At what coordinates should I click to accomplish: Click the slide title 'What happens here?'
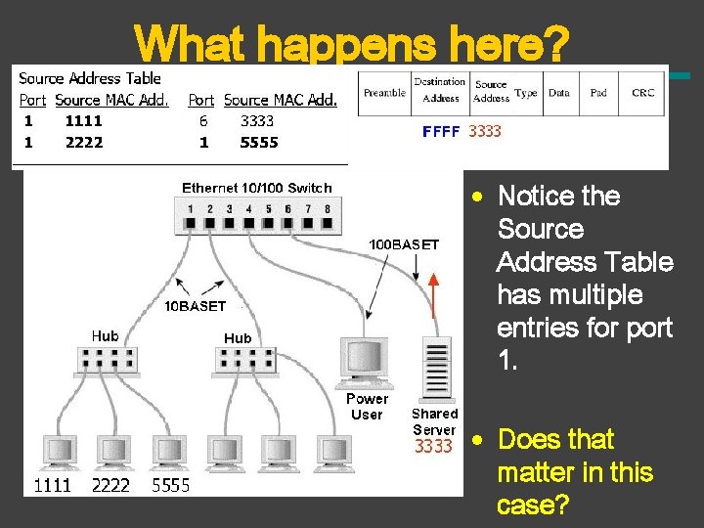(x=351, y=44)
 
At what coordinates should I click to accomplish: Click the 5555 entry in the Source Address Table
(x=259, y=143)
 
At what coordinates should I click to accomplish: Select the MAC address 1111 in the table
(x=83, y=122)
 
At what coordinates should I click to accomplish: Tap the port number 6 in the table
(x=203, y=122)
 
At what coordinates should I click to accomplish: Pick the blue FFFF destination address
(x=440, y=131)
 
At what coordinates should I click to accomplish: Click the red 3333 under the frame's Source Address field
(x=485, y=131)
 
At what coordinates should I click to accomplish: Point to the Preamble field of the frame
(x=384, y=93)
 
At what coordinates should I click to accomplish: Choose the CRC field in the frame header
(x=642, y=93)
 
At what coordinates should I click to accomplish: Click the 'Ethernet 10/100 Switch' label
(x=257, y=188)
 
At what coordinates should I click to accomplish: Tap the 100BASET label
(x=403, y=244)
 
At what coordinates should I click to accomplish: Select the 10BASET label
(x=194, y=306)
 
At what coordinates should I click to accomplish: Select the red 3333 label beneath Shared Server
(x=433, y=447)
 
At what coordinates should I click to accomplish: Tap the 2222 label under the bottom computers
(x=110, y=485)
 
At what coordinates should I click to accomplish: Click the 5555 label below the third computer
(x=170, y=485)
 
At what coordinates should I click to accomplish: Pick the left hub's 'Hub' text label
(x=105, y=335)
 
